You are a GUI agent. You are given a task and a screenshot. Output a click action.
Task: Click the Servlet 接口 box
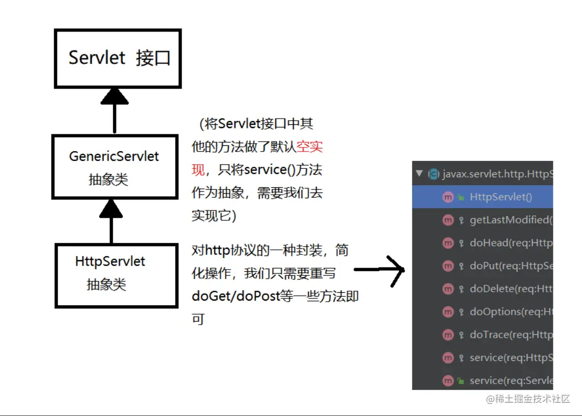click(x=118, y=58)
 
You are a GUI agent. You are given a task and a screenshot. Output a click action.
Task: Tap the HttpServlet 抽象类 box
click(x=116, y=275)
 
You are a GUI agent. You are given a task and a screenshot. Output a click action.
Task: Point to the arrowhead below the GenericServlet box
click(x=111, y=209)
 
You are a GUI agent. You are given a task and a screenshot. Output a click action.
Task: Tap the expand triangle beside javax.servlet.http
click(x=419, y=174)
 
